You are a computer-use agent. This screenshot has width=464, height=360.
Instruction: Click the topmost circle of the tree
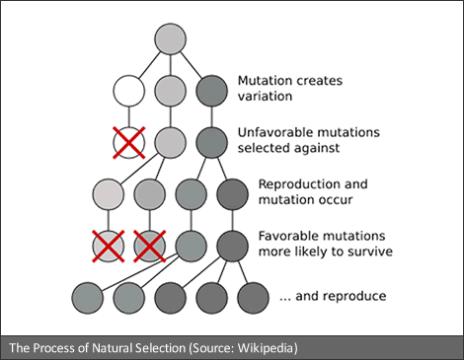click(171, 38)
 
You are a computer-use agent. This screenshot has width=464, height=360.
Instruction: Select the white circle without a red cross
click(129, 91)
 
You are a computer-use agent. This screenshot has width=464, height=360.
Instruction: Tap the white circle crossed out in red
click(129, 143)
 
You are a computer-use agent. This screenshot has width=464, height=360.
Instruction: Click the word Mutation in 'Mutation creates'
click(265, 81)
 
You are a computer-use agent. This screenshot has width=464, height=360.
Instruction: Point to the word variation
click(265, 96)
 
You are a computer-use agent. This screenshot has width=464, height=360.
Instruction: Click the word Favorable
click(285, 236)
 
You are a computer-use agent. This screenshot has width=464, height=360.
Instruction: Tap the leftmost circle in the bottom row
click(88, 298)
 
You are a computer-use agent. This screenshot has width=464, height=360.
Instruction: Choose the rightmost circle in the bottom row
click(253, 298)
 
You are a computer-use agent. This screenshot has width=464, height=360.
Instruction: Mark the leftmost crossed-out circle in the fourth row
click(109, 247)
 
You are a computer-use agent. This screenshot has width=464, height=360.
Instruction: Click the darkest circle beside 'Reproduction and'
click(232, 194)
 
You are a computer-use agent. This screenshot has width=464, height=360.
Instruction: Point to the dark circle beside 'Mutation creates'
click(211, 91)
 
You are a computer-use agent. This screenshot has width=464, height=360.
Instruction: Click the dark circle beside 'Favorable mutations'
click(232, 247)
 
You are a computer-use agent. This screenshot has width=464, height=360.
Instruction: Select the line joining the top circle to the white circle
click(150, 65)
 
